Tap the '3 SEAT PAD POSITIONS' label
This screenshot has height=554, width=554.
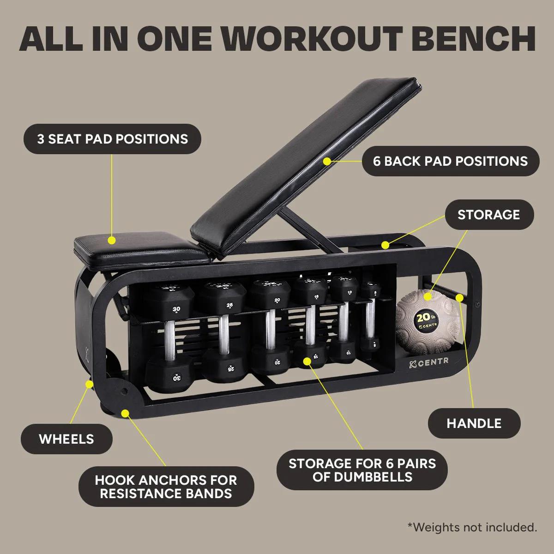(113, 139)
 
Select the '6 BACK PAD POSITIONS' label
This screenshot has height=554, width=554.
(450, 161)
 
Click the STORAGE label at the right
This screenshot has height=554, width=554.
(488, 215)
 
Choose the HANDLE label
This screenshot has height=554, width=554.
(474, 423)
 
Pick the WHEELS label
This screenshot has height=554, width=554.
(66, 439)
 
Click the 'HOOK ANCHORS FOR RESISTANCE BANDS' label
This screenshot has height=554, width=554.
(166, 487)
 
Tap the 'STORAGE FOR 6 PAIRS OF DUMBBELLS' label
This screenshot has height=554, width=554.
(362, 470)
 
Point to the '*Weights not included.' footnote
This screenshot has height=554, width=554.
(472, 527)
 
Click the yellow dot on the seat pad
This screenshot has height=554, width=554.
(111, 240)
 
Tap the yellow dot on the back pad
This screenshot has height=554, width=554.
(327, 161)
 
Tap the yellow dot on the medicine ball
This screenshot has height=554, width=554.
(428, 296)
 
